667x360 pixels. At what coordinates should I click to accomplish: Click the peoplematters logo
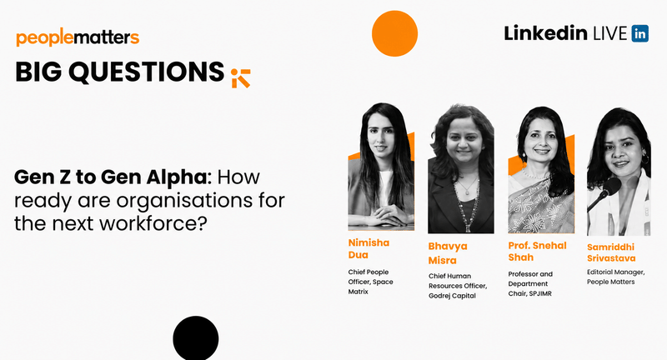pos(78,37)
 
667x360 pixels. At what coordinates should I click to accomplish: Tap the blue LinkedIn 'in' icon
pos(639,33)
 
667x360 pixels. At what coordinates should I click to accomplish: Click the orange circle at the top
pos(394,33)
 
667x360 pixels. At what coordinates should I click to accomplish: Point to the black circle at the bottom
pos(196,338)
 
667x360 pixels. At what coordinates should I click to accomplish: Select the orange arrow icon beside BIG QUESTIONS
pos(241,77)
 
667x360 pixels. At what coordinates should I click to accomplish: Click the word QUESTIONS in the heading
pos(147,72)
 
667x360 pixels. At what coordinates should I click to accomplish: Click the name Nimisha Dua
pos(369,248)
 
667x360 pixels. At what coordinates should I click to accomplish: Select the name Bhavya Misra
pos(448,252)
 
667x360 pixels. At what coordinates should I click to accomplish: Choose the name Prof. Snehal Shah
pos(537,251)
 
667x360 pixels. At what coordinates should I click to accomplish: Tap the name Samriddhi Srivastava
pos(611,252)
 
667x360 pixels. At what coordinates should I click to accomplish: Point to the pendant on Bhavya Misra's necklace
pos(468,192)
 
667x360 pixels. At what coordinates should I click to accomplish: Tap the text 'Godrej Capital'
pos(452,296)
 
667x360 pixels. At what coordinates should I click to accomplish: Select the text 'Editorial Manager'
pos(616,272)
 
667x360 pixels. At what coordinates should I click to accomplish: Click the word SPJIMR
pos(540,293)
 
